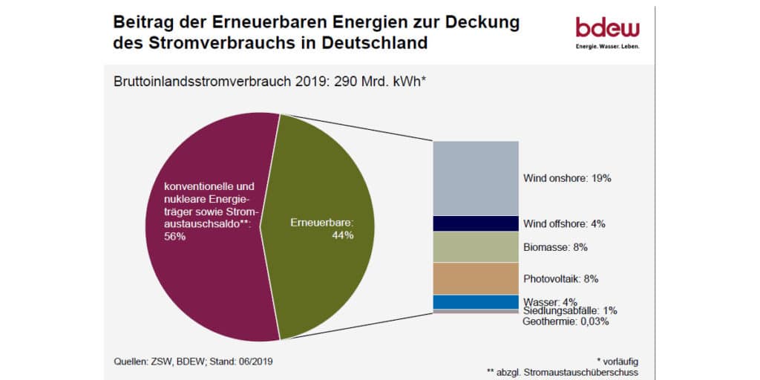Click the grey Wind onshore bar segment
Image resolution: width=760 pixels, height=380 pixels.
pos(475,178)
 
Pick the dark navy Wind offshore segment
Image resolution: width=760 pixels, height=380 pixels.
pos(475,223)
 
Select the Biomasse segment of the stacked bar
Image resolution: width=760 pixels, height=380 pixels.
pos(475,246)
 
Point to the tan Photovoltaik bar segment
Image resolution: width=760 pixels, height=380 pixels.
pos(475,278)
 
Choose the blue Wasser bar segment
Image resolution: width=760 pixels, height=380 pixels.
pos(475,302)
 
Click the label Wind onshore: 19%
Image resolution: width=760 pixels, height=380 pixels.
pos(567,178)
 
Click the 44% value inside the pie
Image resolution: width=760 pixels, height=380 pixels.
pos(343,235)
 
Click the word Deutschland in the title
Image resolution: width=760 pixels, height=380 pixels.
pos(376,42)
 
